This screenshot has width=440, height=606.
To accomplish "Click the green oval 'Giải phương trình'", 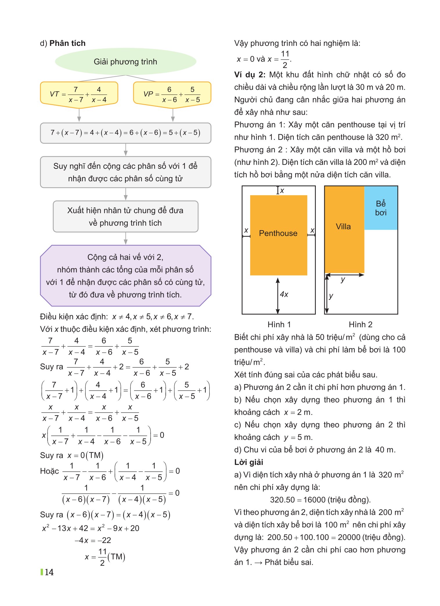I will point(125,62).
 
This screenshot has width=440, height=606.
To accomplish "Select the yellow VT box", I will point(79,94).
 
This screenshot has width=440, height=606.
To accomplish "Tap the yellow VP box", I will point(172,94).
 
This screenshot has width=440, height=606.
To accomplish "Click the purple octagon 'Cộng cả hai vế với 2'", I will point(125,276).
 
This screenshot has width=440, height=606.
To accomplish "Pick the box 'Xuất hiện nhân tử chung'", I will point(125,216).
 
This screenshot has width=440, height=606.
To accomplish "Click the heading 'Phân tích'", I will point(67,43).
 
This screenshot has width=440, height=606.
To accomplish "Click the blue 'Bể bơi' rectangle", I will point(381,208).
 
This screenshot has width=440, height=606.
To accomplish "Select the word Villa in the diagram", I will point(343,226).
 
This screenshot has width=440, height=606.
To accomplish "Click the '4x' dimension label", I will point(284,294).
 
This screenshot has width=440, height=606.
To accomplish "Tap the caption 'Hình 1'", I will point(279,324).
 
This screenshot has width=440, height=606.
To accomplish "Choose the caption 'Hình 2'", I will point(360,324).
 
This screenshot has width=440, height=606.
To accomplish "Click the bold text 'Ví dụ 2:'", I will point(250,75).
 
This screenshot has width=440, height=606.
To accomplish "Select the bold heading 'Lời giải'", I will point(248,462).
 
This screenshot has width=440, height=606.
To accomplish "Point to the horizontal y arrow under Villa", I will point(345,275).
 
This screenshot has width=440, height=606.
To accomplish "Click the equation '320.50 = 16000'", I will point(320,499).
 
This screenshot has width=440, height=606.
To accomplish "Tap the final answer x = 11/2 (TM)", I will point(105,557).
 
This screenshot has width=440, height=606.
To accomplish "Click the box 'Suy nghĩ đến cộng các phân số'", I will point(125,172).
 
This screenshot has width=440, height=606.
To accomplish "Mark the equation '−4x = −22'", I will point(93,540).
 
